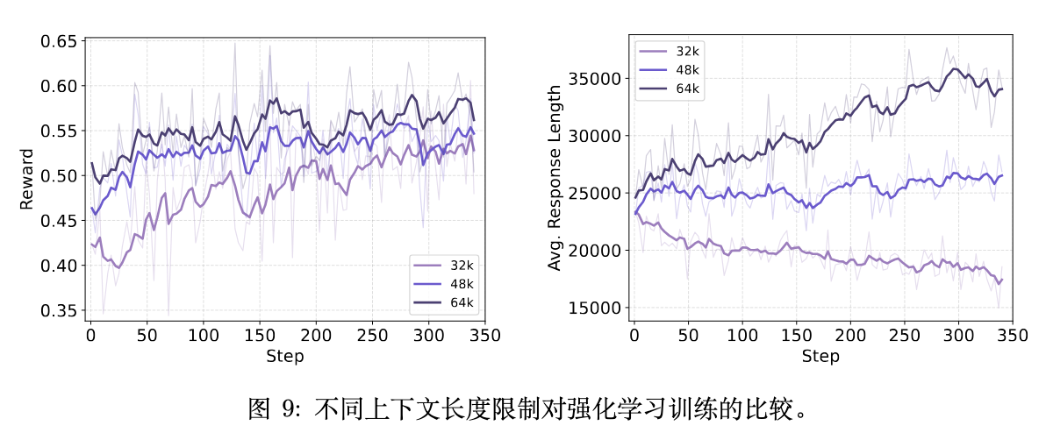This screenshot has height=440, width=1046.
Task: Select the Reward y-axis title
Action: tap(26, 179)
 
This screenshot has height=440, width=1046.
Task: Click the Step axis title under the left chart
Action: tap(285, 356)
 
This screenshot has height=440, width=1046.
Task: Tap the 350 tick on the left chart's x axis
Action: tap(485, 335)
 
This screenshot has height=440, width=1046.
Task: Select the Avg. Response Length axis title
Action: tap(555, 179)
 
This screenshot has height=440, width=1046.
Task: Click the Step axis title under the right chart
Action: tap(820, 356)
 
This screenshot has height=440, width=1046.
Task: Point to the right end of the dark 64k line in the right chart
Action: tap(1002, 89)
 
